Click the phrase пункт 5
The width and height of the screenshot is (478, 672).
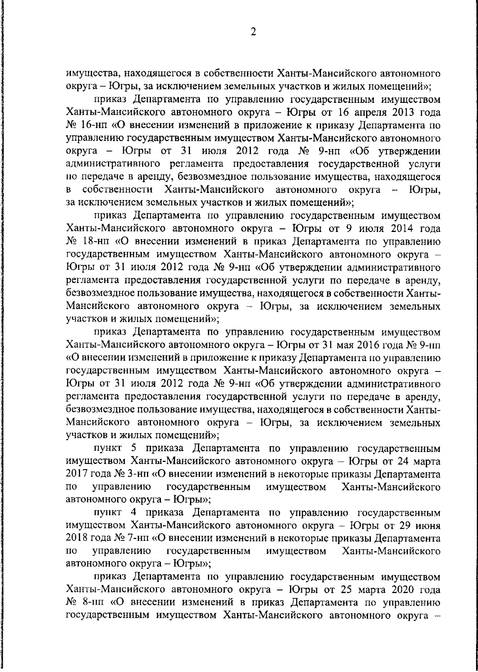click(115, 449)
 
